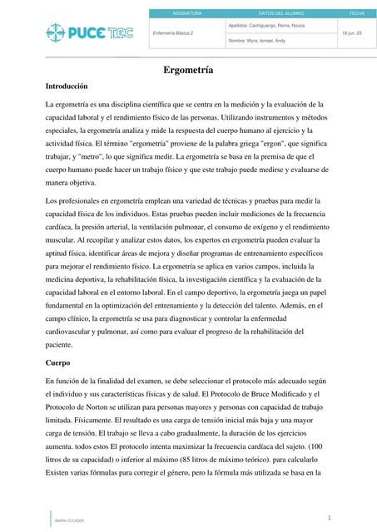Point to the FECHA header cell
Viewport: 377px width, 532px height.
click(x=356, y=14)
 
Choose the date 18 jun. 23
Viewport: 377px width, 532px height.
click(x=351, y=32)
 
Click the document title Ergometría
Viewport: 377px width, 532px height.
click(x=188, y=71)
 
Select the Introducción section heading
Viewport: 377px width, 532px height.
click(x=67, y=86)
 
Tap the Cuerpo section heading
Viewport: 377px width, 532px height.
click(x=57, y=362)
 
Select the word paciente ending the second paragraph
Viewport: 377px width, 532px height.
click(x=61, y=343)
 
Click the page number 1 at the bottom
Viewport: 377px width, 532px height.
click(x=330, y=517)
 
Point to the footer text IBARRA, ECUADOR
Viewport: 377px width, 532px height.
click(x=69, y=520)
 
